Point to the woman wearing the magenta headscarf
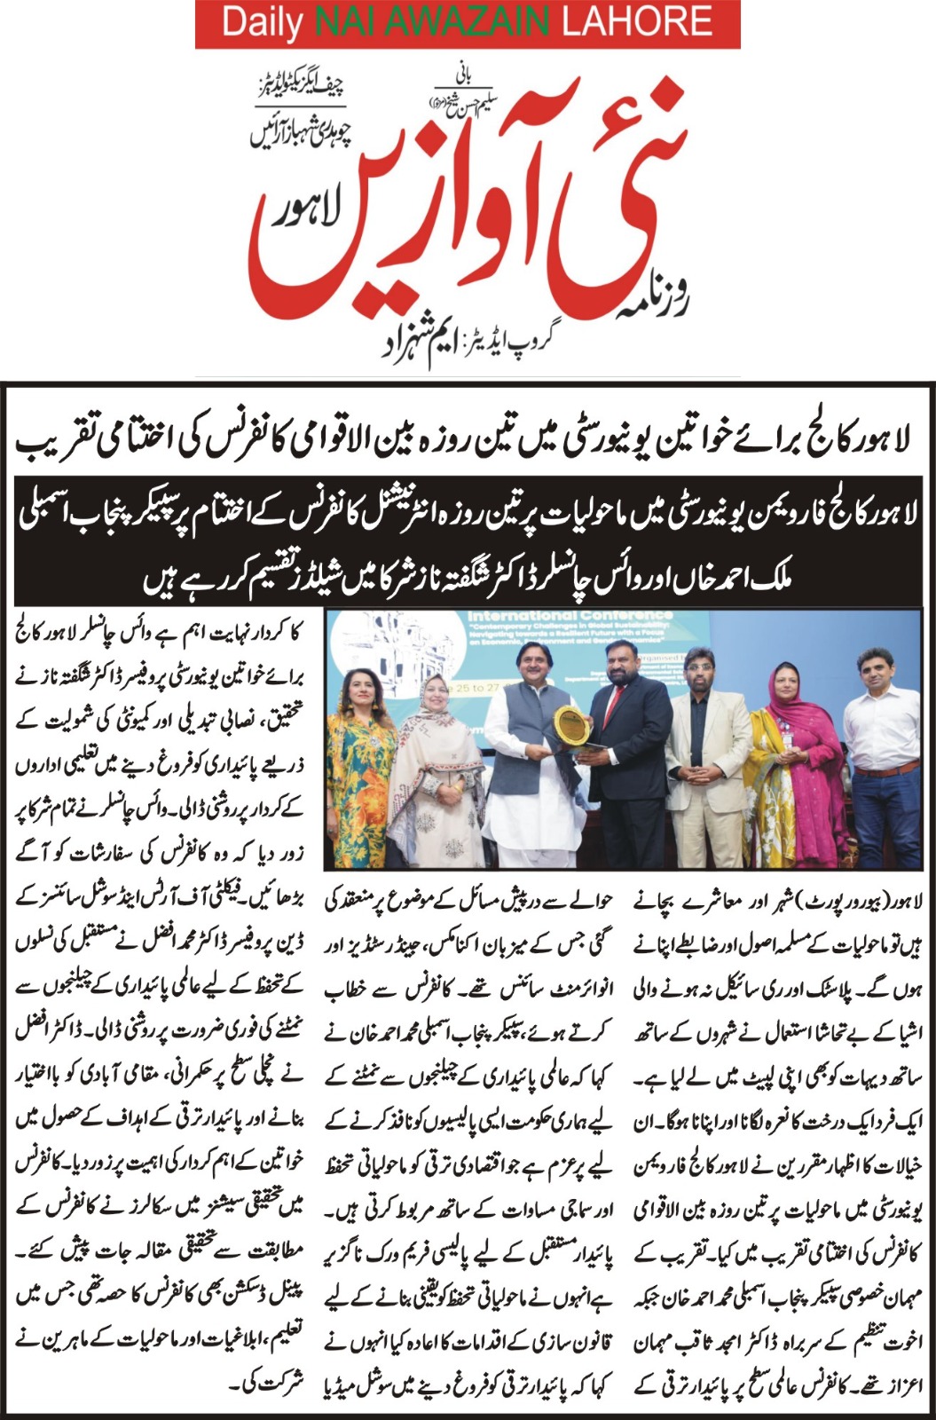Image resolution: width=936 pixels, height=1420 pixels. pyautogui.click(x=785, y=754)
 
